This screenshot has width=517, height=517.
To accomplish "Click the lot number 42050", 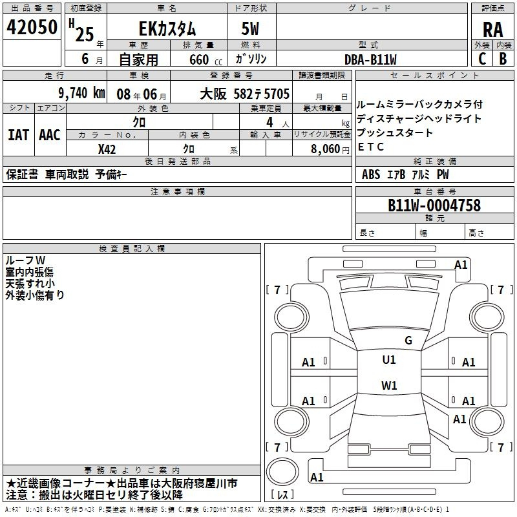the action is [x=32, y=27].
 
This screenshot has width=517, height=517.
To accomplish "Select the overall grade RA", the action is [x=492, y=30].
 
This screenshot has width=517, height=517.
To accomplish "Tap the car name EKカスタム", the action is [x=167, y=29].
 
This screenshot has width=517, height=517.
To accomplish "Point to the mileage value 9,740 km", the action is [x=82, y=93].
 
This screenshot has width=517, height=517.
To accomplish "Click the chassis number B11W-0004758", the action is [x=434, y=205].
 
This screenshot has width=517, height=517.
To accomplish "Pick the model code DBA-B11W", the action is [x=370, y=59].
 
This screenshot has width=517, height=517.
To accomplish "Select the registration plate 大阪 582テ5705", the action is [x=245, y=94].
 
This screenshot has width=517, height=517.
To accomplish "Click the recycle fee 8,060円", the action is [x=330, y=149].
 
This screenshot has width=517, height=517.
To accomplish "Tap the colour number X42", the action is [x=107, y=149].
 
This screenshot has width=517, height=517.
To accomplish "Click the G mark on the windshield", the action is [x=408, y=341].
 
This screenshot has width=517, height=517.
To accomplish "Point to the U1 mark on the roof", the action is [x=389, y=360].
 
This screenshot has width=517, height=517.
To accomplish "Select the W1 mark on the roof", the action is [x=389, y=385].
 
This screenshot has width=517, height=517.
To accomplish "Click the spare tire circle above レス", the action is [x=282, y=472].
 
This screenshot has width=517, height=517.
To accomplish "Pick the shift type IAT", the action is [x=18, y=135].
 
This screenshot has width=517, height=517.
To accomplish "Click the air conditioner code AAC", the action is [x=50, y=135].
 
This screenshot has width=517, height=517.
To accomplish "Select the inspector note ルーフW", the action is [x=25, y=260].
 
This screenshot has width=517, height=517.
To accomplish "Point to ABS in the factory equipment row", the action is [x=371, y=174].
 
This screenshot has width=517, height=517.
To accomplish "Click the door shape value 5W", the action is [x=250, y=28].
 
